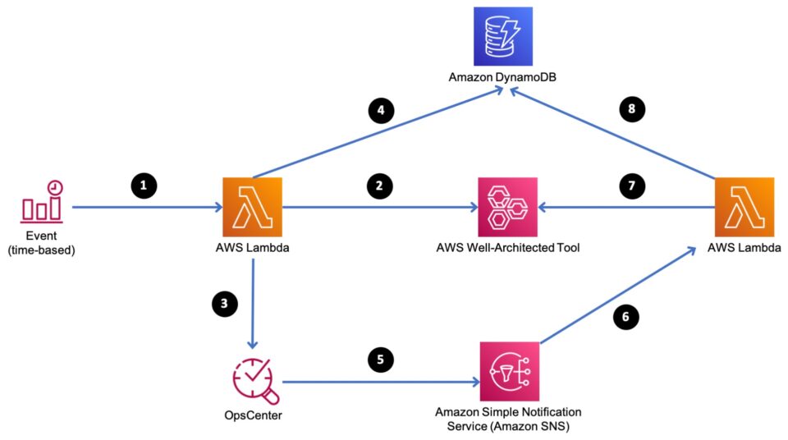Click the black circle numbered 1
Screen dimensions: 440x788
pyautogui.click(x=144, y=186)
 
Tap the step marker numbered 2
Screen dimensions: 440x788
pyautogui.click(x=378, y=186)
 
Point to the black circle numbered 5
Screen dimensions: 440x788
pyautogui.click(x=378, y=359)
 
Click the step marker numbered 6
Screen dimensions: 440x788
pyautogui.click(x=625, y=316)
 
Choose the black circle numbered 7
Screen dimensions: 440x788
pyautogui.click(x=630, y=186)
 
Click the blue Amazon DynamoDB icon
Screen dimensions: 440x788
pyautogui.click(x=502, y=36)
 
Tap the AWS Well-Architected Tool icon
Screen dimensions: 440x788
pyautogui.click(x=507, y=207)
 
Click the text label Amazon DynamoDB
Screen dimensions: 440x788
pyautogui.click(x=502, y=77)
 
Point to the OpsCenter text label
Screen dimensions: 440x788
pyautogui.click(x=253, y=415)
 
